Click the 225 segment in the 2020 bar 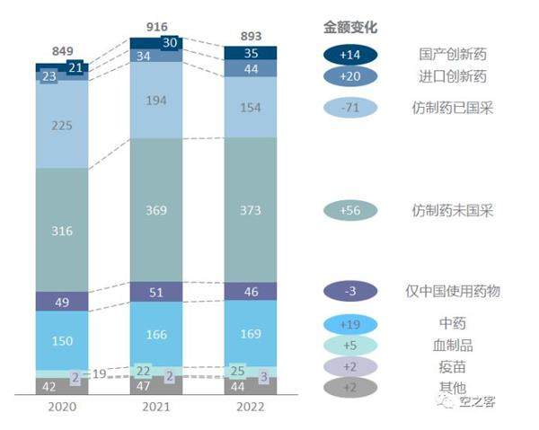(62, 125)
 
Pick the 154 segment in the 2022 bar (250, 108)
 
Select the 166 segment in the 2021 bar (156, 334)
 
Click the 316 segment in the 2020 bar (62, 232)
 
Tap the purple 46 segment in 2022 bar (250, 292)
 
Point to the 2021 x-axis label (156, 407)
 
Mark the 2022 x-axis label (250, 407)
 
